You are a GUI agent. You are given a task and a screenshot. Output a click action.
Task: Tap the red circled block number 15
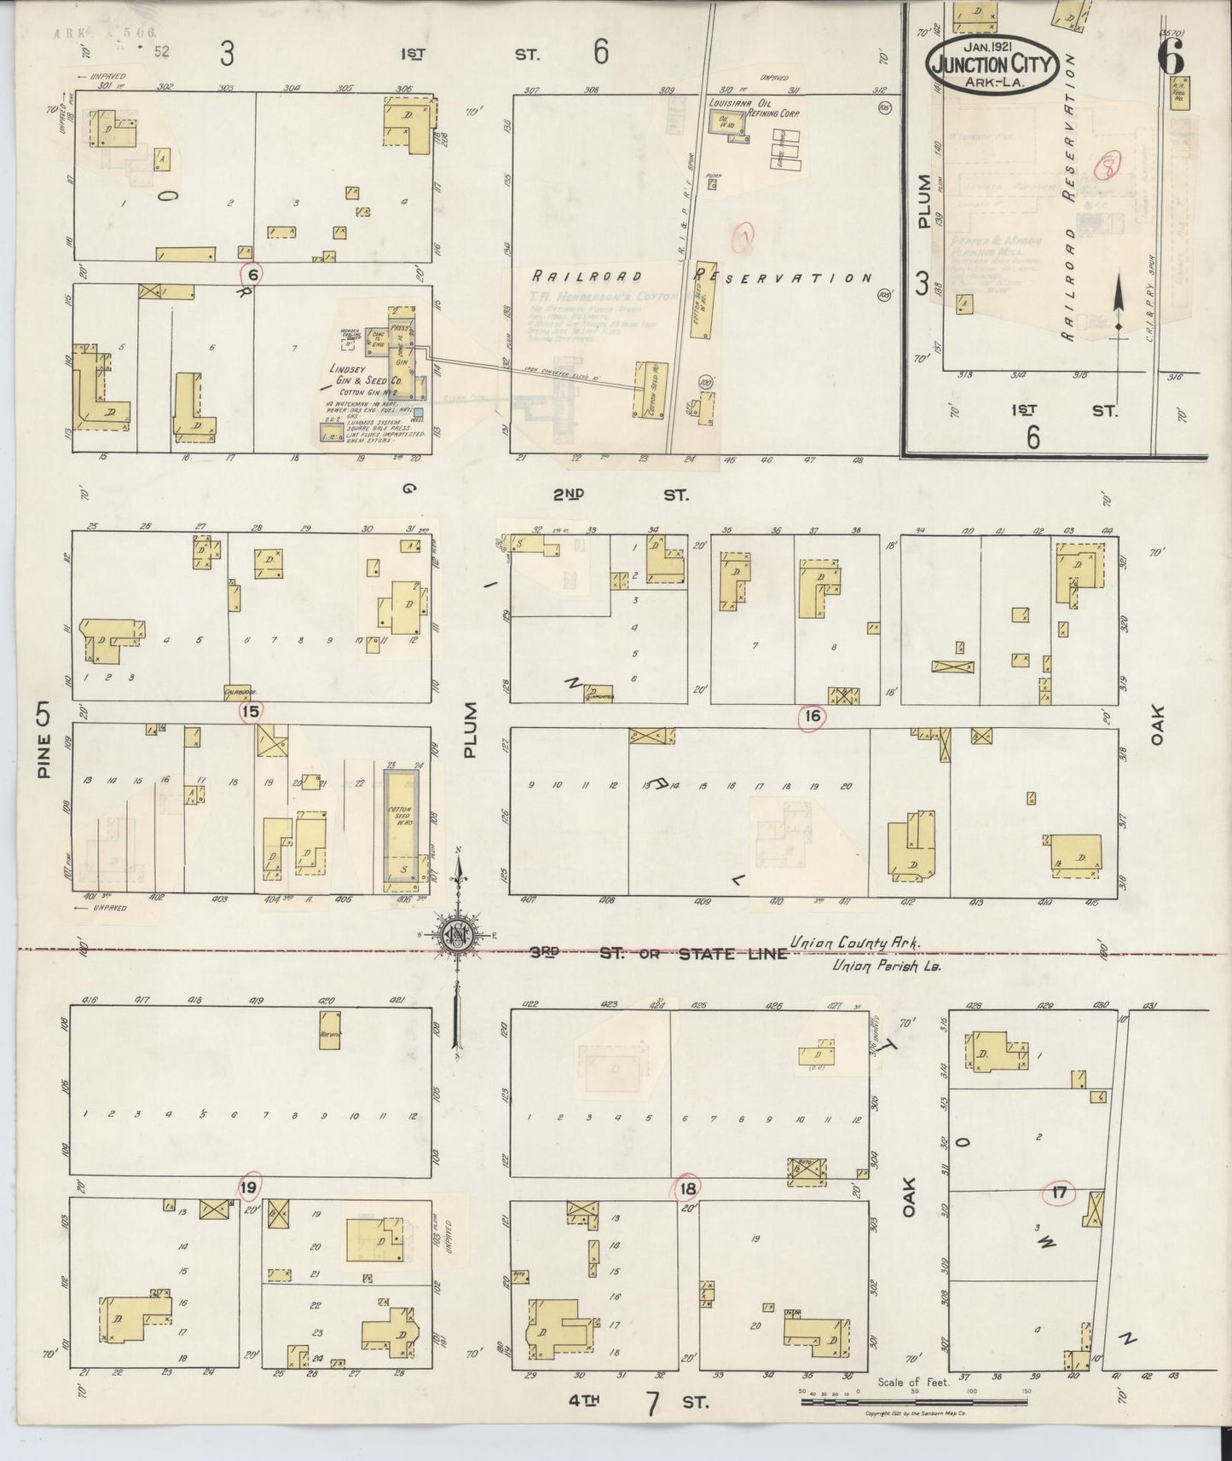(x=251, y=712)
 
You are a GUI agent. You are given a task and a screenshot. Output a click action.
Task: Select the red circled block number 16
(x=813, y=717)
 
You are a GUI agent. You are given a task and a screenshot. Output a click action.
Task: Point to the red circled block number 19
(x=249, y=1187)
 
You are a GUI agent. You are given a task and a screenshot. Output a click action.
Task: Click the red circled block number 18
(x=688, y=1187)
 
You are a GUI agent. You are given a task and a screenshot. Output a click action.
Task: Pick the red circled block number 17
(x=1059, y=1193)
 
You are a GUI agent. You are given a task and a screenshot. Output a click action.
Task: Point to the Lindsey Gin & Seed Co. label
(x=358, y=375)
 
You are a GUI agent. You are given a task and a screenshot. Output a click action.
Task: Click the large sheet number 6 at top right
(x=1170, y=57)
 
